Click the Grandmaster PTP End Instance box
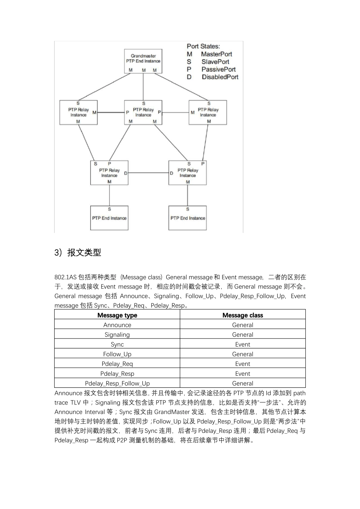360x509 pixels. tap(143, 61)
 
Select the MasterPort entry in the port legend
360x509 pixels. tap(216, 54)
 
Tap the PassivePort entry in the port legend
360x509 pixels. tap(218, 69)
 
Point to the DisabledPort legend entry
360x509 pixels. tap(220, 77)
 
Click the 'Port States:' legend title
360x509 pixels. tap(203, 46)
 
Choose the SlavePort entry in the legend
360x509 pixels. tap(215, 62)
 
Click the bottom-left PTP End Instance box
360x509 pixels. tap(109, 218)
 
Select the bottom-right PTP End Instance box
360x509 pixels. tap(188, 218)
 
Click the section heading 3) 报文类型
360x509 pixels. tap(78, 253)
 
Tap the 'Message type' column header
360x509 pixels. tap(117, 315)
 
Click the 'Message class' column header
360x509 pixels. tap(243, 315)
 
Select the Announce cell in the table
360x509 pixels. tap(117, 325)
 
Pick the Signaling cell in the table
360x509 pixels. tap(117, 335)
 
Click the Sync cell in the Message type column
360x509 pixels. tap(117, 345)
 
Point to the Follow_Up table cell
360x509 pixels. tap(117, 354)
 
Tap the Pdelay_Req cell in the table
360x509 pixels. tap(117, 364)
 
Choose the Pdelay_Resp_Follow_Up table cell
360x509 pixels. tap(117, 383)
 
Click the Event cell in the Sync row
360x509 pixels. tap(243, 345)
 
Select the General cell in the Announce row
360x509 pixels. tap(243, 325)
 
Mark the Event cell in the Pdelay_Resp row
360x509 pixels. tap(243, 374)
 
